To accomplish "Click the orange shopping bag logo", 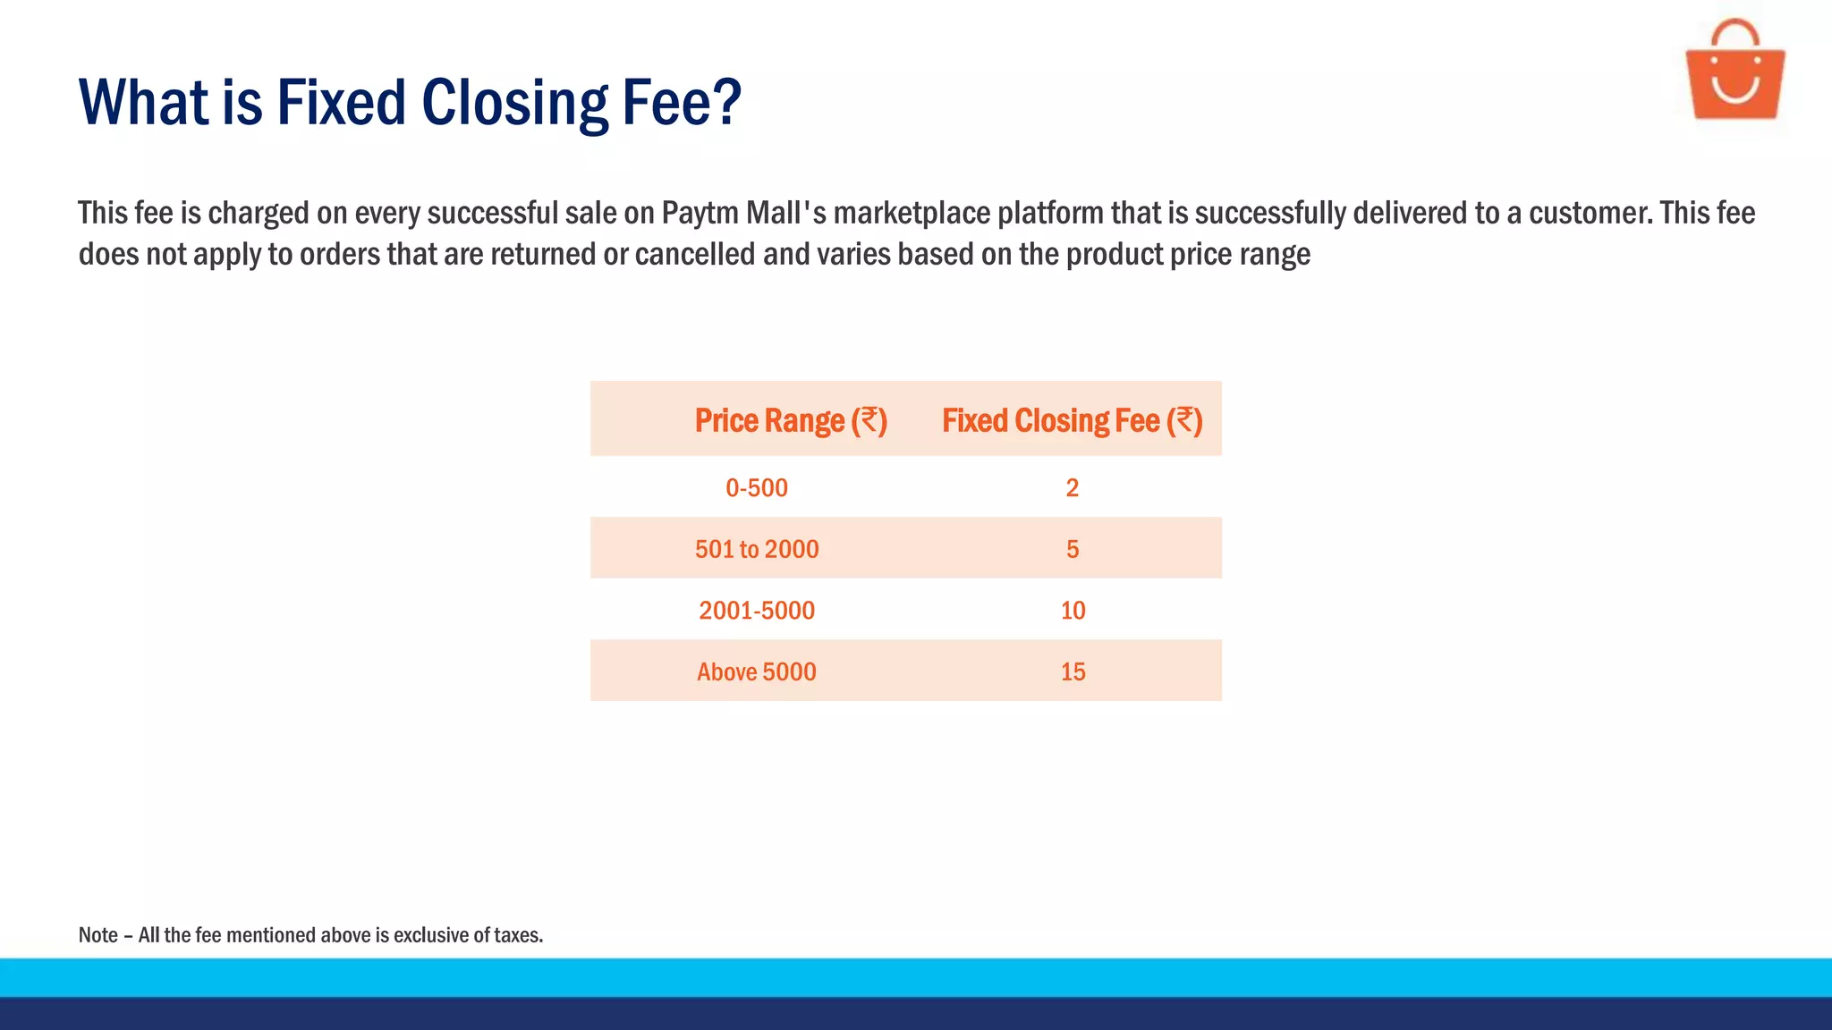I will (x=1734, y=80).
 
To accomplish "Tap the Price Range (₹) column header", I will (x=791, y=420).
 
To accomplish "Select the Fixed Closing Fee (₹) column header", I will (x=1072, y=420).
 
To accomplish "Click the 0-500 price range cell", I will (x=757, y=488).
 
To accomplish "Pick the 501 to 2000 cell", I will (x=757, y=549).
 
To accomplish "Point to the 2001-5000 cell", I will (x=757, y=611).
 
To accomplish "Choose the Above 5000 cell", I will (x=757, y=671).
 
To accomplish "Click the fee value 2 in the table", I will (x=1073, y=488).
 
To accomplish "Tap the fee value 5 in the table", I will (x=1073, y=549).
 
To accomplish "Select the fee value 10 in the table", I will (x=1073, y=611).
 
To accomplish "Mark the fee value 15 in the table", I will (x=1073, y=671).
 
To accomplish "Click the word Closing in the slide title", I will (x=514, y=103).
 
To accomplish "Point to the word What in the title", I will (x=144, y=103).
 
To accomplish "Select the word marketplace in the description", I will (x=912, y=214).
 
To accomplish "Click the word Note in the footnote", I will (x=98, y=935).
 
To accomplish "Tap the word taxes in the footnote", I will (x=518, y=935).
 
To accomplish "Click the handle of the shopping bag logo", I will (x=1734, y=34).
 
